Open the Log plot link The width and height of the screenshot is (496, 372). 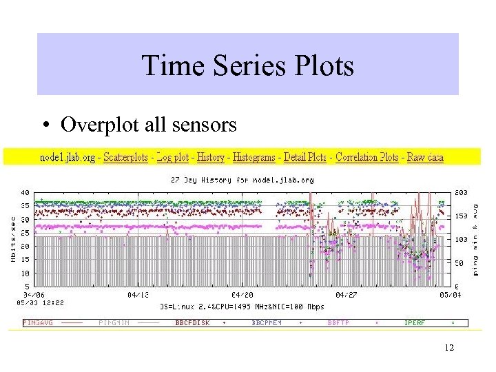point(172,157)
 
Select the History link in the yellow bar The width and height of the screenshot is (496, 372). point(211,157)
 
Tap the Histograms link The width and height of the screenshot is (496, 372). point(254,157)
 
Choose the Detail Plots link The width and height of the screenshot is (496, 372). point(305,157)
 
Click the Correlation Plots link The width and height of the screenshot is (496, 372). point(366,157)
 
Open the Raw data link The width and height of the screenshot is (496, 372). point(425,157)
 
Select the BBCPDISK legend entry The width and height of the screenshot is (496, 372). point(192,322)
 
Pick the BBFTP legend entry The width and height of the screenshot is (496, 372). point(339,322)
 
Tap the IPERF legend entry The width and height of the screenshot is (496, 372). point(415,322)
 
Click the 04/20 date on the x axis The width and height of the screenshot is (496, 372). point(242,294)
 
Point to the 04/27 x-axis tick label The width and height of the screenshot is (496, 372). point(345,294)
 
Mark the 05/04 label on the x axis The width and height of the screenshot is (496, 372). point(448,294)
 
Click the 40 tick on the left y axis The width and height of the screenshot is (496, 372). point(24,192)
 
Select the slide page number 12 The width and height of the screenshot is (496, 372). point(449,348)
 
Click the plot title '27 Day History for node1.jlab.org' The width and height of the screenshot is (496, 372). point(242,180)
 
